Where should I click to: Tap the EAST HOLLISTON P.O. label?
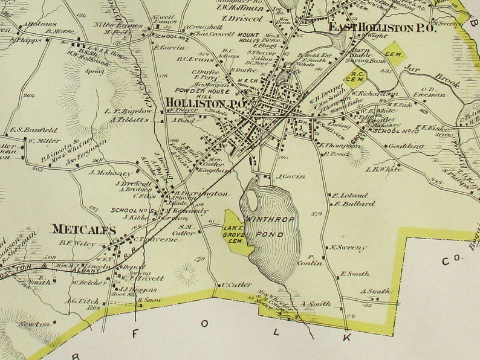pyautogui.click(x=374, y=27)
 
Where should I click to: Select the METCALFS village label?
pyautogui.click(x=83, y=230)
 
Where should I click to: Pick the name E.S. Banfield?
pyautogui.click(x=33, y=130)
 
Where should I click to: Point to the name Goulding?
pyautogui.click(x=405, y=146)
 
